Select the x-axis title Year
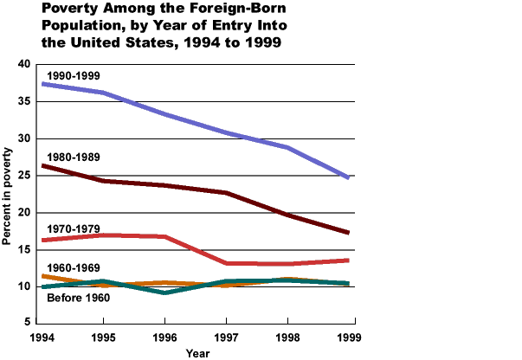197,352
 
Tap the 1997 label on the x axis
227,336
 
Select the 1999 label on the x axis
349,336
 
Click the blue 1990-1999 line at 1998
287,147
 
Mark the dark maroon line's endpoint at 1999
348,233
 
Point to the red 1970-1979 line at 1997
226,263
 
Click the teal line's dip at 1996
164,292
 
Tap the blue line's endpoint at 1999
348,177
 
